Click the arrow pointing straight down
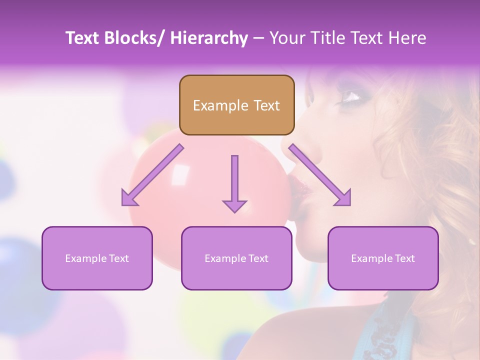point(234,184)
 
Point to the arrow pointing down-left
point(151,175)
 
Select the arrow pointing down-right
point(320,175)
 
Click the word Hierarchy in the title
point(209,38)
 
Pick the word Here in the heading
point(407,38)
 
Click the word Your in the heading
point(286,38)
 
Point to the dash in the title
point(258,38)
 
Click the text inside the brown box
point(236,105)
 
